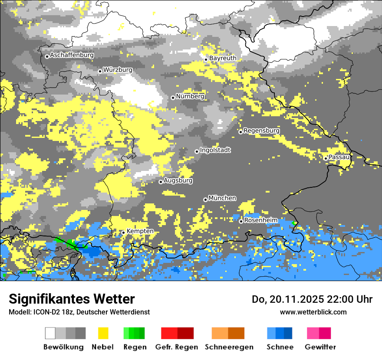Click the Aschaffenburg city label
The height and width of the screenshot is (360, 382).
click(72, 55)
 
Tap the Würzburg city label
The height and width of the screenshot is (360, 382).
click(118, 70)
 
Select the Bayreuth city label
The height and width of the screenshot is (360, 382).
click(223, 58)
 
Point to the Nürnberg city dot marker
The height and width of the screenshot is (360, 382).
click(173, 98)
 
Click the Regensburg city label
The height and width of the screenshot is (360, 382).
click(261, 131)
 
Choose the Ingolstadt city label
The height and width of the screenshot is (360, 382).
click(215, 150)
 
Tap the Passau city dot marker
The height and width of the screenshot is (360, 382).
click(326, 158)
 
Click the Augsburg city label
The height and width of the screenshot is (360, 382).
click(178, 180)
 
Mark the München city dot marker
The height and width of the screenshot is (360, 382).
click(205, 200)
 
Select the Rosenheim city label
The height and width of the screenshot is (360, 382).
click(260, 220)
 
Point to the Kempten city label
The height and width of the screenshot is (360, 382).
click(140, 231)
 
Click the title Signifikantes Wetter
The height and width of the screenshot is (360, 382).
click(72, 299)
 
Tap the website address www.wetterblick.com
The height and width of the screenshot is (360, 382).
click(313, 312)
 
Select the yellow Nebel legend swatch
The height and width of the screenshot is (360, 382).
click(103, 333)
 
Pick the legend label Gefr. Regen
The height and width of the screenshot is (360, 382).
click(177, 347)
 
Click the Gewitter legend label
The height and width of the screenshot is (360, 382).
click(320, 347)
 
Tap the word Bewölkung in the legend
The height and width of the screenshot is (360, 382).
click(63, 347)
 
